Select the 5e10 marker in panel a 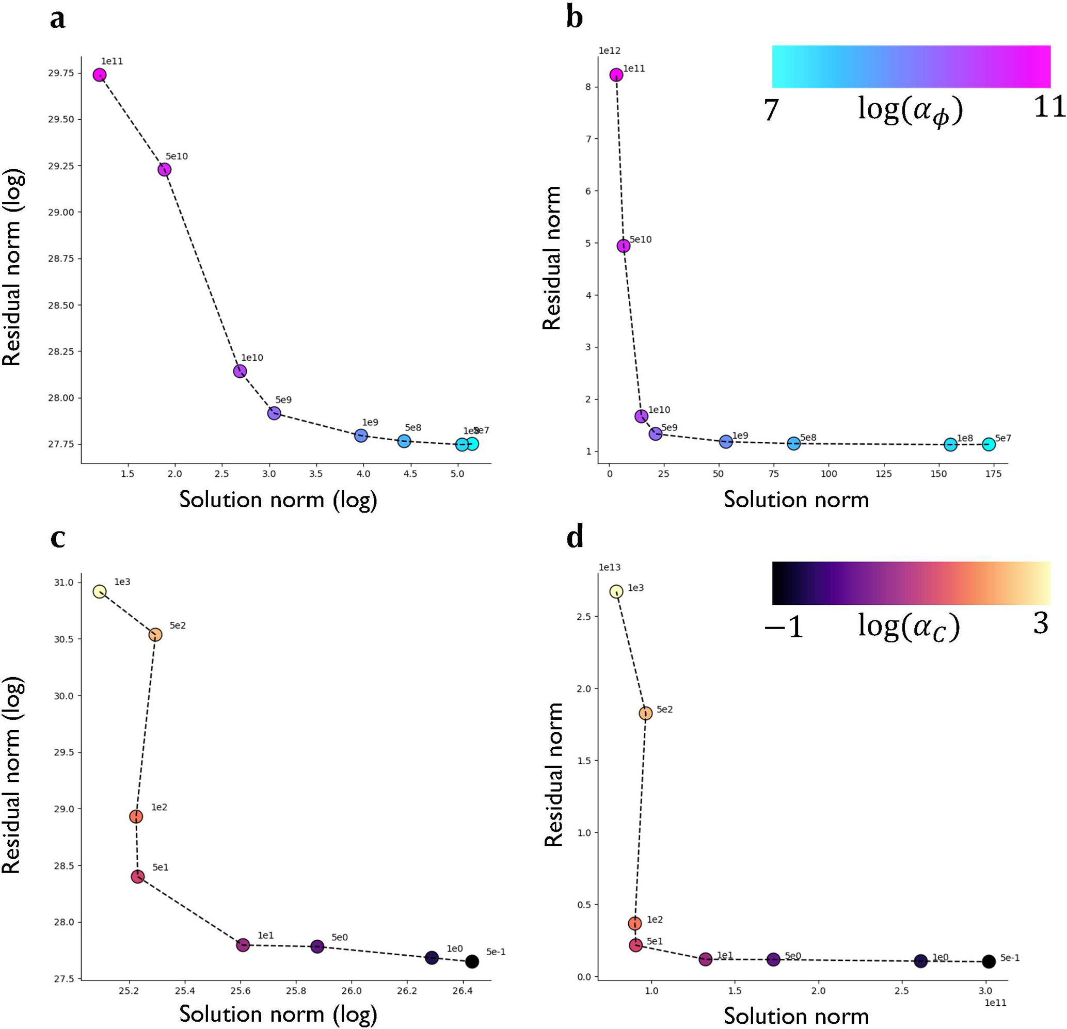coord(164,169)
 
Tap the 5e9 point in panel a coord(274,413)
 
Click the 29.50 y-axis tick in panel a coord(61,119)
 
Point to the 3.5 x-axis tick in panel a coord(316,474)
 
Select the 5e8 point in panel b coord(794,443)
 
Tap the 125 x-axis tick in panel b coord(884,474)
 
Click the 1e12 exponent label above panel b coord(609,51)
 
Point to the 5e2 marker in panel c coord(155,635)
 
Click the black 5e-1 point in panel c coord(472,961)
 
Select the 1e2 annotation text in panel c coord(159,807)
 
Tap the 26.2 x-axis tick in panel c coord(407,991)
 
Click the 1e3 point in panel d coord(616,591)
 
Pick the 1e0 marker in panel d coord(920,961)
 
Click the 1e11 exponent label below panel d coord(995,1003)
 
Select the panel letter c coord(58,537)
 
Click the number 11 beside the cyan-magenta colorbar coord(1049,107)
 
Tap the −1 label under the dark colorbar coord(784,628)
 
